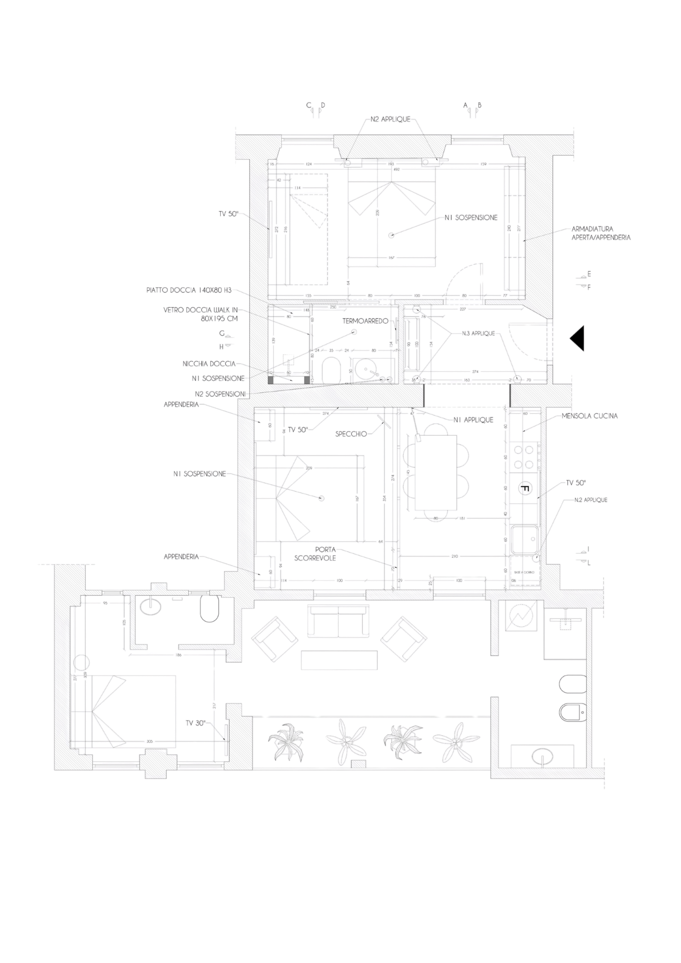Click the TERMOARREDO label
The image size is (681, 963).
[x=365, y=321]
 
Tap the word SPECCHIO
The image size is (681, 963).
[x=351, y=434]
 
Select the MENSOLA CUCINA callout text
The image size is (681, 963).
[x=589, y=416]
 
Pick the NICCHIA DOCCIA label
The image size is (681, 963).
[x=209, y=364]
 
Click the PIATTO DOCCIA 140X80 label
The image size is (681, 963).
[x=189, y=290]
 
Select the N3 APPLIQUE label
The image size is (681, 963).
[x=478, y=333]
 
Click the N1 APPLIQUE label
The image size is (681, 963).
[x=473, y=420]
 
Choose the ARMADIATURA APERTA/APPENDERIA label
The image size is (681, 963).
[x=601, y=234]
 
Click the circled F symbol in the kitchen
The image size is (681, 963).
[x=525, y=489]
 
